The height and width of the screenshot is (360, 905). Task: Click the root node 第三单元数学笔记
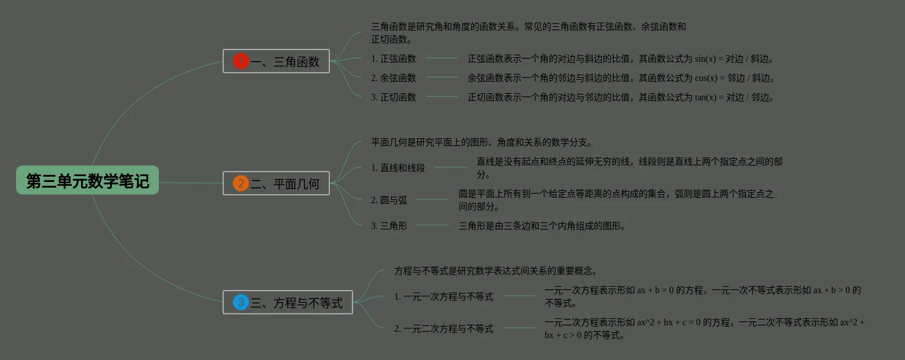click(87, 181)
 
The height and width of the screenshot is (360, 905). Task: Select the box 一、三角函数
click(276, 61)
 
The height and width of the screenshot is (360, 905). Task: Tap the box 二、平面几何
click(276, 183)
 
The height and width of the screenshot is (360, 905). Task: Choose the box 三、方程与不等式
click(288, 302)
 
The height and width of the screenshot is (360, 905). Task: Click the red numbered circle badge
click(241, 61)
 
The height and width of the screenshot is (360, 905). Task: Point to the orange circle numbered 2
click(241, 183)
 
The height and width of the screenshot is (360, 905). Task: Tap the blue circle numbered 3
click(241, 302)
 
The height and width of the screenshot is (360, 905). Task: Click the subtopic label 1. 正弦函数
click(394, 59)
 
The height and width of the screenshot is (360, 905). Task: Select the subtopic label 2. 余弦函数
click(394, 78)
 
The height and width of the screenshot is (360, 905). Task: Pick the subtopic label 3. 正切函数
click(394, 97)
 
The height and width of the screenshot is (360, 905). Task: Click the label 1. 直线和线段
click(398, 168)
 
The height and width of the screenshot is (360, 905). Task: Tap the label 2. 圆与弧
click(389, 200)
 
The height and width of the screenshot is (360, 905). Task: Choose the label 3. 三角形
click(389, 226)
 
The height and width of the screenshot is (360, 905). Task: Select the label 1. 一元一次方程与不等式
click(444, 296)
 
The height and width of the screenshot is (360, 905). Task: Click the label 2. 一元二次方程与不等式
click(444, 328)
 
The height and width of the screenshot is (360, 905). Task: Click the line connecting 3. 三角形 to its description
click(433, 225)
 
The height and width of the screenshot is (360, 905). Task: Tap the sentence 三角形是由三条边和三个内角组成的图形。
click(542, 226)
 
